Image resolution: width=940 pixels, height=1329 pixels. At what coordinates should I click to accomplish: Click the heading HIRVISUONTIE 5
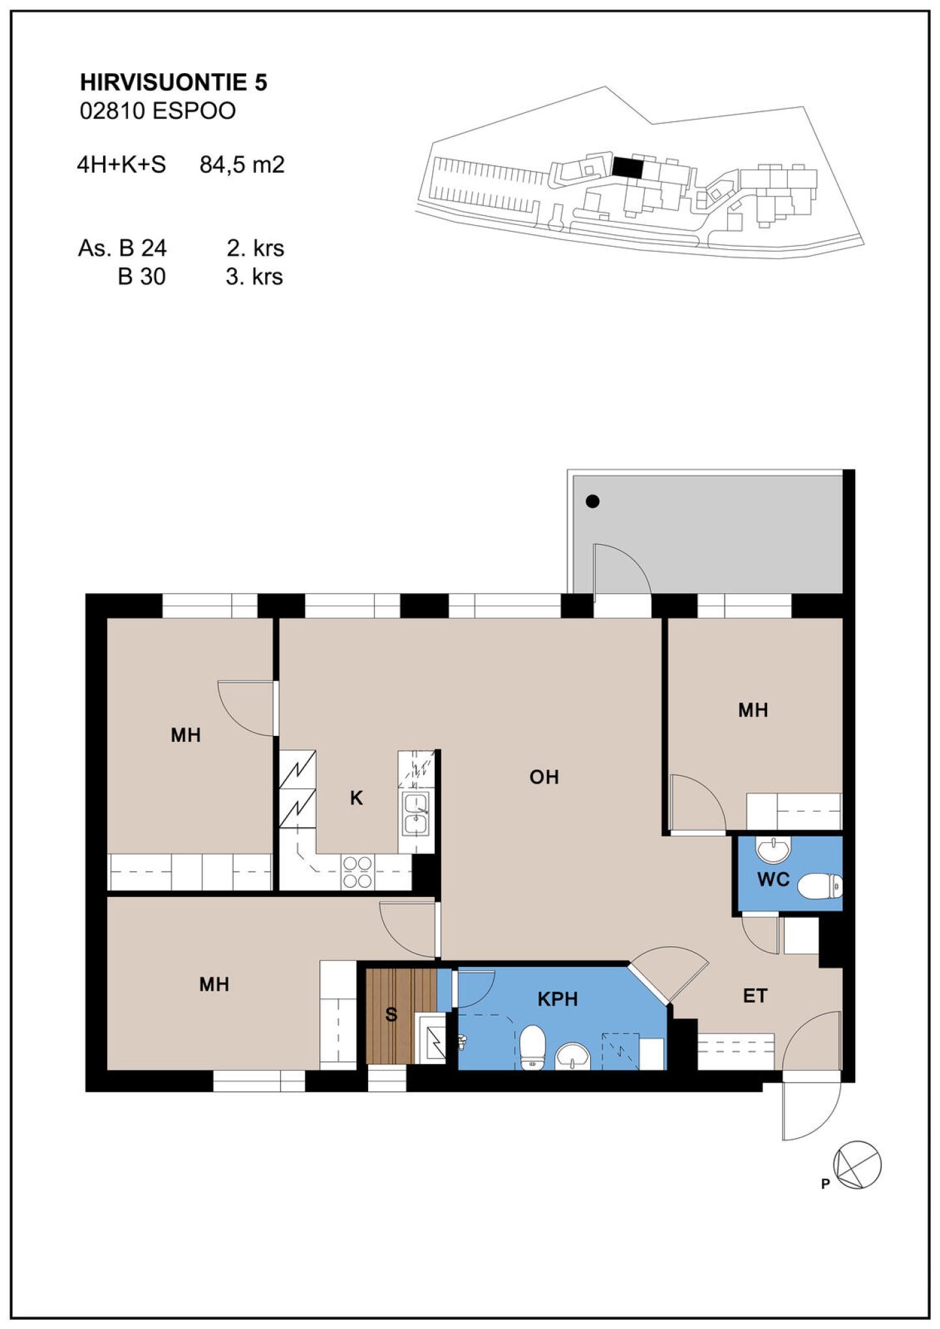[x=174, y=83]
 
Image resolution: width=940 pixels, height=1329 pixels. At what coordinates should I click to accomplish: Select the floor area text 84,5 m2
[x=242, y=164]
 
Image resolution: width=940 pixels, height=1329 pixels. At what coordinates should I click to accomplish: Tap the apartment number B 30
[x=142, y=277]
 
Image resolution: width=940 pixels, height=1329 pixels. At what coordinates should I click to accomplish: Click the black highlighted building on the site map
[x=627, y=167]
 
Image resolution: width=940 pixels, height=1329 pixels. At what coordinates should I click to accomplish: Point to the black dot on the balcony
[x=593, y=502]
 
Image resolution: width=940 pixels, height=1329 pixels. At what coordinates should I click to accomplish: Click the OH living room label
[x=544, y=777]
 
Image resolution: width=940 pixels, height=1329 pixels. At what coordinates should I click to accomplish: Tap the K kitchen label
[x=356, y=798]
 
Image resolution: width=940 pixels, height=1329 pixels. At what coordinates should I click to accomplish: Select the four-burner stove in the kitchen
[x=358, y=872]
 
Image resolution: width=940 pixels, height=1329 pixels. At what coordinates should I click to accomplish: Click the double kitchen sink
[x=416, y=814]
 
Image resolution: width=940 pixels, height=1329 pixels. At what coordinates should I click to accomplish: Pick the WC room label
[x=774, y=879]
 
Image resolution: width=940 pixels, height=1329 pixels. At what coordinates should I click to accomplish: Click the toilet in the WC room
[x=820, y=886]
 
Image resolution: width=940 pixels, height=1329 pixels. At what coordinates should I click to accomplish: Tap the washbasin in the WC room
[x=773, y=849]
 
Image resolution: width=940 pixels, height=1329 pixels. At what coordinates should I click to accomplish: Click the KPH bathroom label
[x=557, y=999]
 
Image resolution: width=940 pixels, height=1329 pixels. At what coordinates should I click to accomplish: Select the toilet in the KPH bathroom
[x=533, y=1046]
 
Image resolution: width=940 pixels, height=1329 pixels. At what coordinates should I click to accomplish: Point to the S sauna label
[x=391, y=1014]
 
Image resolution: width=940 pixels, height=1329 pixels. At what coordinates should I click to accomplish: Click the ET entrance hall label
[x=755, y=996]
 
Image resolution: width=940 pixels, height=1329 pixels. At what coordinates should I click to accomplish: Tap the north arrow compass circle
[x=858, y=1165]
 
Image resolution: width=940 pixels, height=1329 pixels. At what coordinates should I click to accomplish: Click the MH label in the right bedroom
[x=753, y=710]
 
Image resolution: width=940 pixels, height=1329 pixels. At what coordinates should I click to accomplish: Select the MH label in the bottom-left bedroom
[x=214, y=984]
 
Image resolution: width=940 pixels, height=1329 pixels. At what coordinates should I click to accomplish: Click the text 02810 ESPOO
[x=157, y=111]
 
